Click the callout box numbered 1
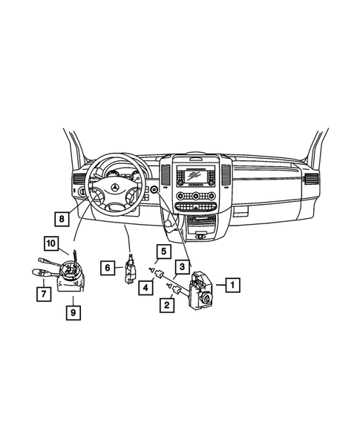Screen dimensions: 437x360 point(232,283)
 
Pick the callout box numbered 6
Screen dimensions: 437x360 point(107,267)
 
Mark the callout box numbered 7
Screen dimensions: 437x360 point(45,295)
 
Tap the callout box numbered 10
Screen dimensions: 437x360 point(50,243)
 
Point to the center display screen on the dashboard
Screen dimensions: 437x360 point(197,177)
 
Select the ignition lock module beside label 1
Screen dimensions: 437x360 point(202,288)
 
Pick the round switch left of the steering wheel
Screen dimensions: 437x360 point(76,191)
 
